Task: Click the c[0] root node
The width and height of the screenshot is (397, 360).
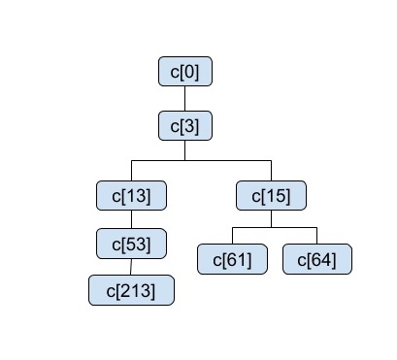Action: point(184,72)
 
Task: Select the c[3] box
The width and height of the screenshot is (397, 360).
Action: point(184,125)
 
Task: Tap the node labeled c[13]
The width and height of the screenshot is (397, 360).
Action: point(131,196)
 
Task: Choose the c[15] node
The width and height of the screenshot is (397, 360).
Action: point(271,196)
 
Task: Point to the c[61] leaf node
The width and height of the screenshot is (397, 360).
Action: point(232,259)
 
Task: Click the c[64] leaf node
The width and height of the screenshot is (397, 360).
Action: point(317,259)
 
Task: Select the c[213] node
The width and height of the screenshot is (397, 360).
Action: point(131,289)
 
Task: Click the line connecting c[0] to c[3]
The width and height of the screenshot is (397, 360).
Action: point(184,98)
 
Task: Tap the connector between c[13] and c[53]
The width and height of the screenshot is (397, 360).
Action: point(131,218)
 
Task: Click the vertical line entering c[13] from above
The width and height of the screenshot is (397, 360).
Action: point(131,170)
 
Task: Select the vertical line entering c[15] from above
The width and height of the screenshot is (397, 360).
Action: point(271,170)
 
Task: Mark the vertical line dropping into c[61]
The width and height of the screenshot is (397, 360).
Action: point(232,236)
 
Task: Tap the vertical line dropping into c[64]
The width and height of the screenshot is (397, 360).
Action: point(317,236)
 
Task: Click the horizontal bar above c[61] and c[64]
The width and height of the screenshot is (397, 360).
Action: point(275,227)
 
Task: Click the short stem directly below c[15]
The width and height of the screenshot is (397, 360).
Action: point(271,218)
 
